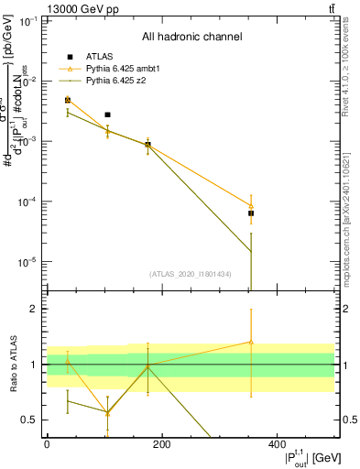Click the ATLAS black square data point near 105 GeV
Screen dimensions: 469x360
(x=107, y=115)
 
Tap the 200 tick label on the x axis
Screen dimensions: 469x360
(x=162, y=444)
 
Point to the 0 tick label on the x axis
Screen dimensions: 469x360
(x=47, y=444)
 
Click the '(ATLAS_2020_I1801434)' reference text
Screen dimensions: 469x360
(x=190, y=273)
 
